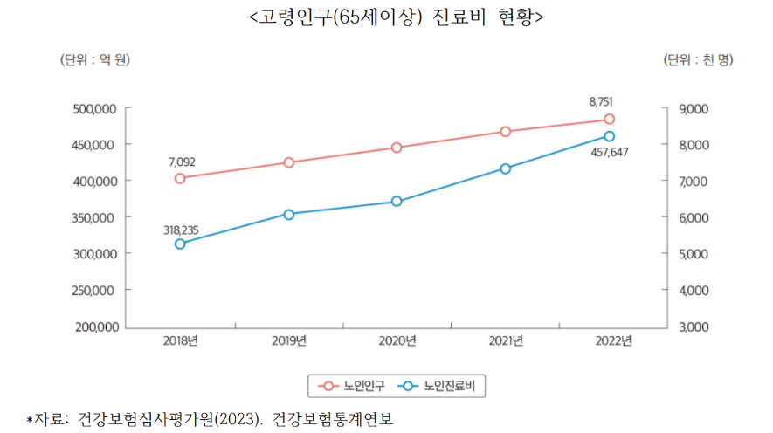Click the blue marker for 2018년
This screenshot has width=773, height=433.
[x=179, y=244]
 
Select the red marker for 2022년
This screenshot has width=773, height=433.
[x=610, y=119]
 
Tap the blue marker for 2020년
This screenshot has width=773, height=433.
[x=396, y=202]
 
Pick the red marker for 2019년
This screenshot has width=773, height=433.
[x=288, y=162]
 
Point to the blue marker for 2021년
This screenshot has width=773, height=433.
[x=505, y=168]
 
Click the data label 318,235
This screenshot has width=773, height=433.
[x=181, y=230]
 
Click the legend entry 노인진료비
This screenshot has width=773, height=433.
[x=442, y=385]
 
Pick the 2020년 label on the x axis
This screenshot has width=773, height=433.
[x=397, y=341]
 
